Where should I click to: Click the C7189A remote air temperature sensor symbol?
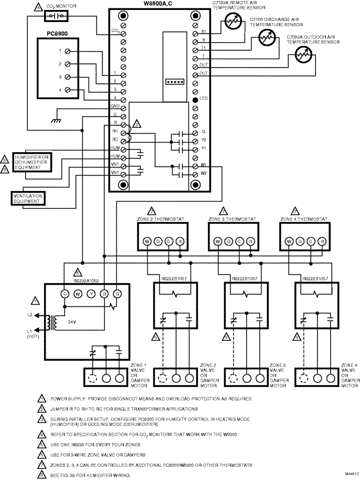[x=231, y=20]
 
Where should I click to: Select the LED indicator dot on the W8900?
[x=195, y=99]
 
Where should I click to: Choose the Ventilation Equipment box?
[x=27, y=197]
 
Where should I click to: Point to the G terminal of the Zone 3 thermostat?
[x=228, y=242]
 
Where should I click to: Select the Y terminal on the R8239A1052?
[x=90, y=294]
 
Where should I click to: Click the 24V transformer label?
[x=72, y=324]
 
